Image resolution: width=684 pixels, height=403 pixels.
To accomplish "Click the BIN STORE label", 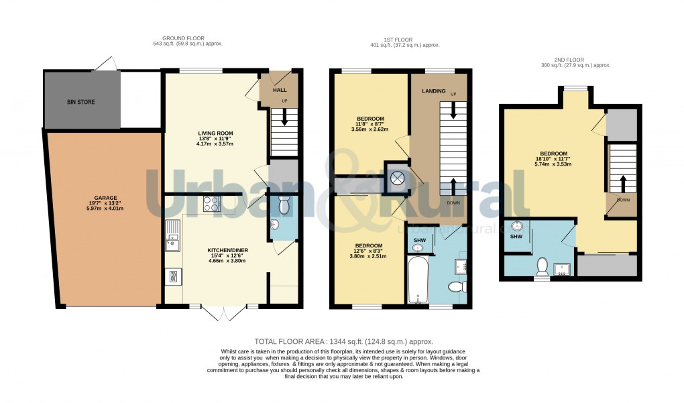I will coord(80,103).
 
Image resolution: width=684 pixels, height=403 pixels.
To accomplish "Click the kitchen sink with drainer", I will coord(173,235).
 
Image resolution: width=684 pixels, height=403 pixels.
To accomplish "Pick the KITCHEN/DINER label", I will coord(227,250).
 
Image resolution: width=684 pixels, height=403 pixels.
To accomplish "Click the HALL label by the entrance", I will coord(280,89).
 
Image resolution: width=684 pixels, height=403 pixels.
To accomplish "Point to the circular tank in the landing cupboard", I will coord(397,178).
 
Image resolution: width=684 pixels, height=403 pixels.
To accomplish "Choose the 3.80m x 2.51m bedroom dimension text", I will coord(368,256).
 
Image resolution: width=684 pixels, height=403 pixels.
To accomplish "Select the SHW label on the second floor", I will coord(516,237).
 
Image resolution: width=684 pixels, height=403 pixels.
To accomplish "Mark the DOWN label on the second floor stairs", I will coord(623,200).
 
